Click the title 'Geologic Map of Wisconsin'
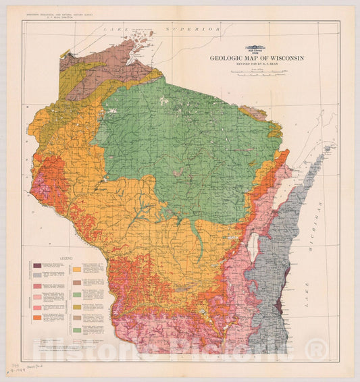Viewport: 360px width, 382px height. click(256, 58)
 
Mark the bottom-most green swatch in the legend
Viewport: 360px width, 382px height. click(77, 331)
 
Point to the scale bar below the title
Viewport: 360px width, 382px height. click(256, 75)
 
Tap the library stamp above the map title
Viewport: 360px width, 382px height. click(256, 49)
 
